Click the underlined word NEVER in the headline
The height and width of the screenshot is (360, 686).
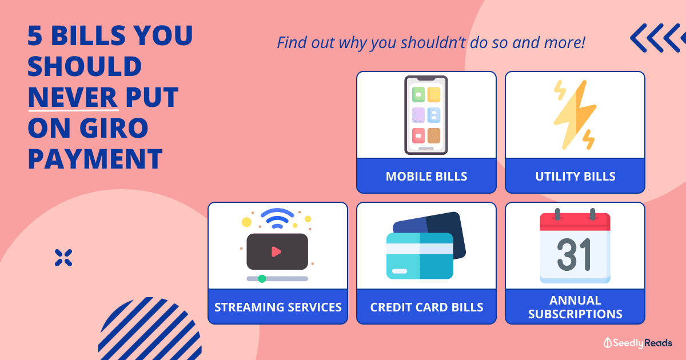tap(73, 97)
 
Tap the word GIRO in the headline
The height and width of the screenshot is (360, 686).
tap(114, 128)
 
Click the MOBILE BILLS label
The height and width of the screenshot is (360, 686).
tap(426, 177)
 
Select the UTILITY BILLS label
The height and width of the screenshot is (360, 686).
tap(575, 177)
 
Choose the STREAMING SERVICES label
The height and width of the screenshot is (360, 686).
tap(278, 307)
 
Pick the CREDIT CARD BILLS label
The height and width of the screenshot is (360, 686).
tap(426, 307)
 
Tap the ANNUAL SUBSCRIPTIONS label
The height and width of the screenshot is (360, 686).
tap(575, 307)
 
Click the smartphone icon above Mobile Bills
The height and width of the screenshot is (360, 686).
tap(426, 115)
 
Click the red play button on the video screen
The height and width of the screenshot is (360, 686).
tap(276, 251)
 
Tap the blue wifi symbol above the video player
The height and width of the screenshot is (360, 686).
tap(277, 218)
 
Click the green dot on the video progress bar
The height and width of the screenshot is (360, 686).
tap(262, 279)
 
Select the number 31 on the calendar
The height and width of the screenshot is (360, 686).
tap(573, 255)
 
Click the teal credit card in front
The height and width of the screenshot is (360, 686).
tap(420, 256)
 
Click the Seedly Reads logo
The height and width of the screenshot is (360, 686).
tap(638, 343)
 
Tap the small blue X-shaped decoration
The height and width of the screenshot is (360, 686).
tap(63, 258)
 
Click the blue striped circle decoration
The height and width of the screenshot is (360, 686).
tap(150, 329)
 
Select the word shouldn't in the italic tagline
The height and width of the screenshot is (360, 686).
tap(434, 42)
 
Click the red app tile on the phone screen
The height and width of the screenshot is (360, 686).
tap(418, 135)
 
